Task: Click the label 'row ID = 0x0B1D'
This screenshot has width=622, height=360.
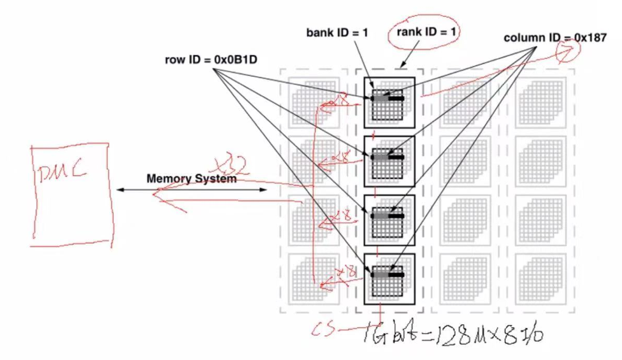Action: pos(211,60)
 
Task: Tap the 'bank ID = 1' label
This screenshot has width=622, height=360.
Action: pos(337,33)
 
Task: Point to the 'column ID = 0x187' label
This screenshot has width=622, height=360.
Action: pos(555,38)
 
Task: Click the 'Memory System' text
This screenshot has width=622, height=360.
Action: pos(191,179)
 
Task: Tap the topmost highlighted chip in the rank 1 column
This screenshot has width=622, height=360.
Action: pos(389,102)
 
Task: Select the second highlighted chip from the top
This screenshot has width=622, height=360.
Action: pos(389,161)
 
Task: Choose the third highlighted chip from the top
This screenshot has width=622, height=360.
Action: pos(389,220)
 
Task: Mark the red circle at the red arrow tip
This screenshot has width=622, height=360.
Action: pos(566,51)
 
